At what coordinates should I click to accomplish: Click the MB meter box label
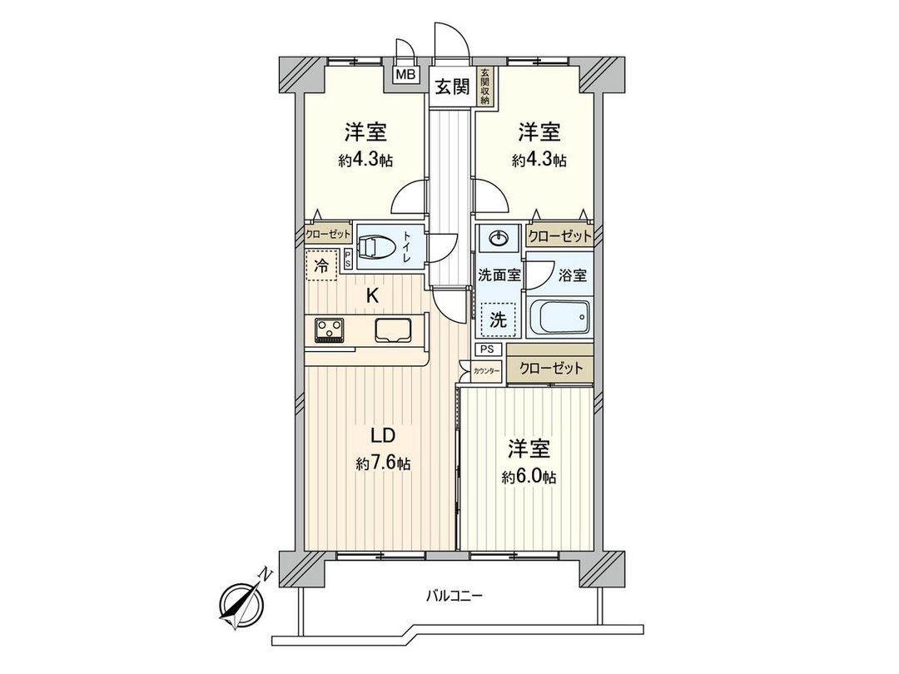[405, 75]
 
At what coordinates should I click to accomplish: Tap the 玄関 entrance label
[451, 85]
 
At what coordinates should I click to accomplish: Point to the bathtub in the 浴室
[559, 316]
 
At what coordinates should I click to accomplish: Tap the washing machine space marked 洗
[497, 319]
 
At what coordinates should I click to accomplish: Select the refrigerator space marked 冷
[321, 267]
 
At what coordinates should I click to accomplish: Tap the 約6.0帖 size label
[529, 477]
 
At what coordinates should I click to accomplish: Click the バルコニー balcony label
[454, 595]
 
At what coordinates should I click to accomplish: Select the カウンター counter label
[486, 373]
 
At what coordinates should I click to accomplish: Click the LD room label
[381, 435]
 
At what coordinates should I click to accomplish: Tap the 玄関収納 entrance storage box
[484, 86]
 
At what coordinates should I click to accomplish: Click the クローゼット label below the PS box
[550, 369]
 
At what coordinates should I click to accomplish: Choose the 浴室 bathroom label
[573, 275]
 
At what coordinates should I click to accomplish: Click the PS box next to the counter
[487, 349]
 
